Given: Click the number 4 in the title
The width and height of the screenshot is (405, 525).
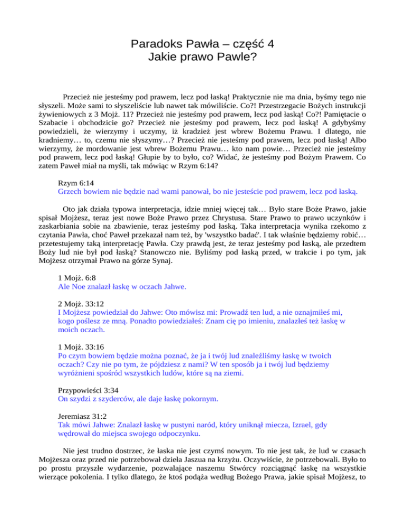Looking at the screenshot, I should click(x=270, y=44).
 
